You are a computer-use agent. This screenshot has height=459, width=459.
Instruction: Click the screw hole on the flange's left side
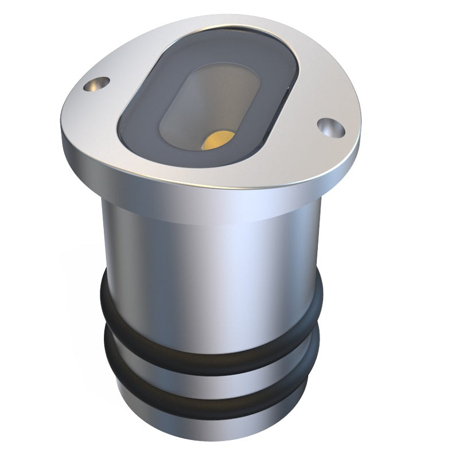[x=96, y=85]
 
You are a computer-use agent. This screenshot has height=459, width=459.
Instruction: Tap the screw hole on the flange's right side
[x=331, y=127]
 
